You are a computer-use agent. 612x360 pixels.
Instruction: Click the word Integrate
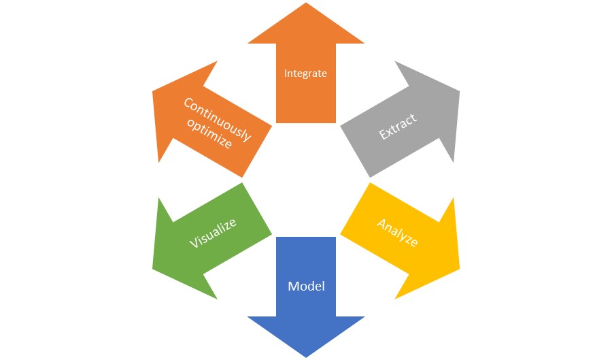(305, 73)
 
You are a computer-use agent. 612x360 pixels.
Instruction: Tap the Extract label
(398, 127)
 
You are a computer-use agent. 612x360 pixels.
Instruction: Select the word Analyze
(397, 233)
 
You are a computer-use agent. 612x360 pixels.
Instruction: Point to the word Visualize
(213, 233)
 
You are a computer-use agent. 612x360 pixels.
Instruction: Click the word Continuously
(218, 119)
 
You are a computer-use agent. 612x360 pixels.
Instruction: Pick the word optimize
(209, 133)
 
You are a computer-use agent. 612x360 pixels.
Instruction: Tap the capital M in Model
(294, 287)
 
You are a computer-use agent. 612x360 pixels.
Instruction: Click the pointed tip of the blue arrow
(306, 357)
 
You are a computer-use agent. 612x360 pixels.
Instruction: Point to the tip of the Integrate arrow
(306, 3)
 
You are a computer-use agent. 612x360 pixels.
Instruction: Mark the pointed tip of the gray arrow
(459, 92)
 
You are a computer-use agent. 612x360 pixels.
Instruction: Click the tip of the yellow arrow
(459, 269)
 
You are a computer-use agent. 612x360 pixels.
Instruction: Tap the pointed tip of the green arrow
(153, 269)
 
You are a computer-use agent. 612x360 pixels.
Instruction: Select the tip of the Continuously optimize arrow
(153, 92)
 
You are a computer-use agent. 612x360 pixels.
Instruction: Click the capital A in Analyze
(382, 224)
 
